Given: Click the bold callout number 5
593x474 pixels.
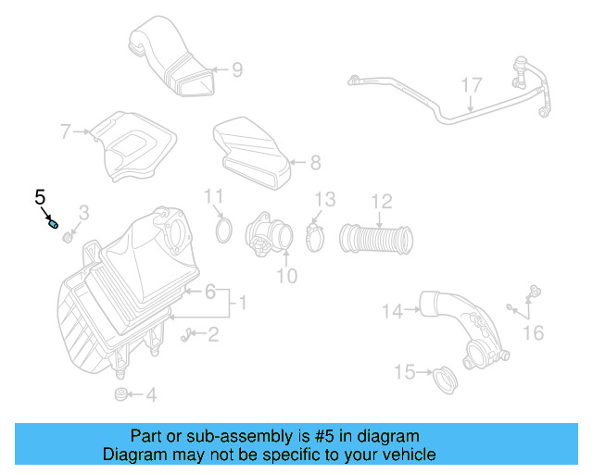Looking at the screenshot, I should click(40, 196).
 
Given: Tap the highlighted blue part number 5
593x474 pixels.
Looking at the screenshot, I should click(54, 223).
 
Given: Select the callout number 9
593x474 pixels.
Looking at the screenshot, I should click(236, 69).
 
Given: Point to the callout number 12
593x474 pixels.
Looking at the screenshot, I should click(382, 201).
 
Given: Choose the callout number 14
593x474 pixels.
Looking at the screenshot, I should click(393, 312).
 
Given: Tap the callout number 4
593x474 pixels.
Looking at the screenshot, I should click(150, 395).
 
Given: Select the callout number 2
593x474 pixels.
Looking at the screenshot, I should click(213, 334).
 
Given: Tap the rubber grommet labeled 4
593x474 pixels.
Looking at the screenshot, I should click(120, 395).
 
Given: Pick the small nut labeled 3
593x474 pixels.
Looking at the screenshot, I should click(69, 239).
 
